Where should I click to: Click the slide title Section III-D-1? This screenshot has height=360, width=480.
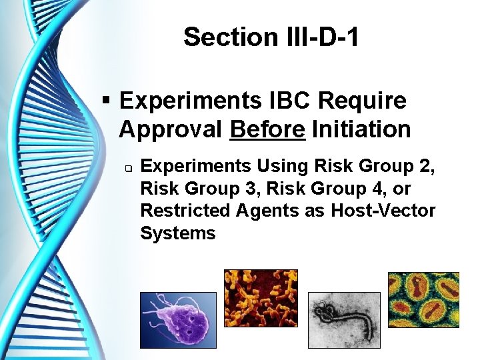pos(271,37)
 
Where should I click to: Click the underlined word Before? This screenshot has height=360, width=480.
pos(267,129)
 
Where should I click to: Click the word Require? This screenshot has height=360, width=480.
pos(362,101)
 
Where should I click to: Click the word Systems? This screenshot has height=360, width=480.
pos(178,233)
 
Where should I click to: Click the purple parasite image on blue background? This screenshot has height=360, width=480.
pos(178,320)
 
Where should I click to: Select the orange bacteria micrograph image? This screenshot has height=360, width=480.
pos(261,297)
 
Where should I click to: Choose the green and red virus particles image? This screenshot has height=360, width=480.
pos(424,300)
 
